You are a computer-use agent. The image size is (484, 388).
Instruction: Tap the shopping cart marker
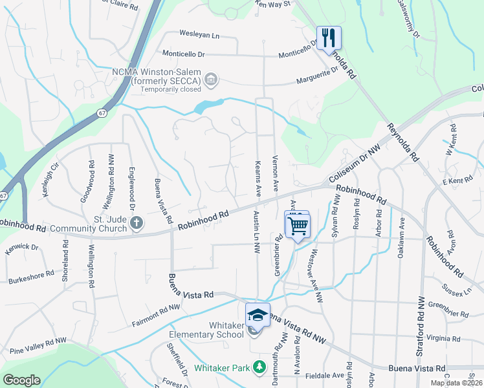297,226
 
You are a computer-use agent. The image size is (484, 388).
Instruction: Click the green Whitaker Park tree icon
259,367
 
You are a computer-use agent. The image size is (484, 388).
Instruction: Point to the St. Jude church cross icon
136,224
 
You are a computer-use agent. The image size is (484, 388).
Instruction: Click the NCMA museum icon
210,80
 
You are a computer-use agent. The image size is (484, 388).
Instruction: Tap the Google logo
21,380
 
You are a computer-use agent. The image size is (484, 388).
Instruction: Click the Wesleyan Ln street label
182,34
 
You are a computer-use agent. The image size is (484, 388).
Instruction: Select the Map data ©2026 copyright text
456,383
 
